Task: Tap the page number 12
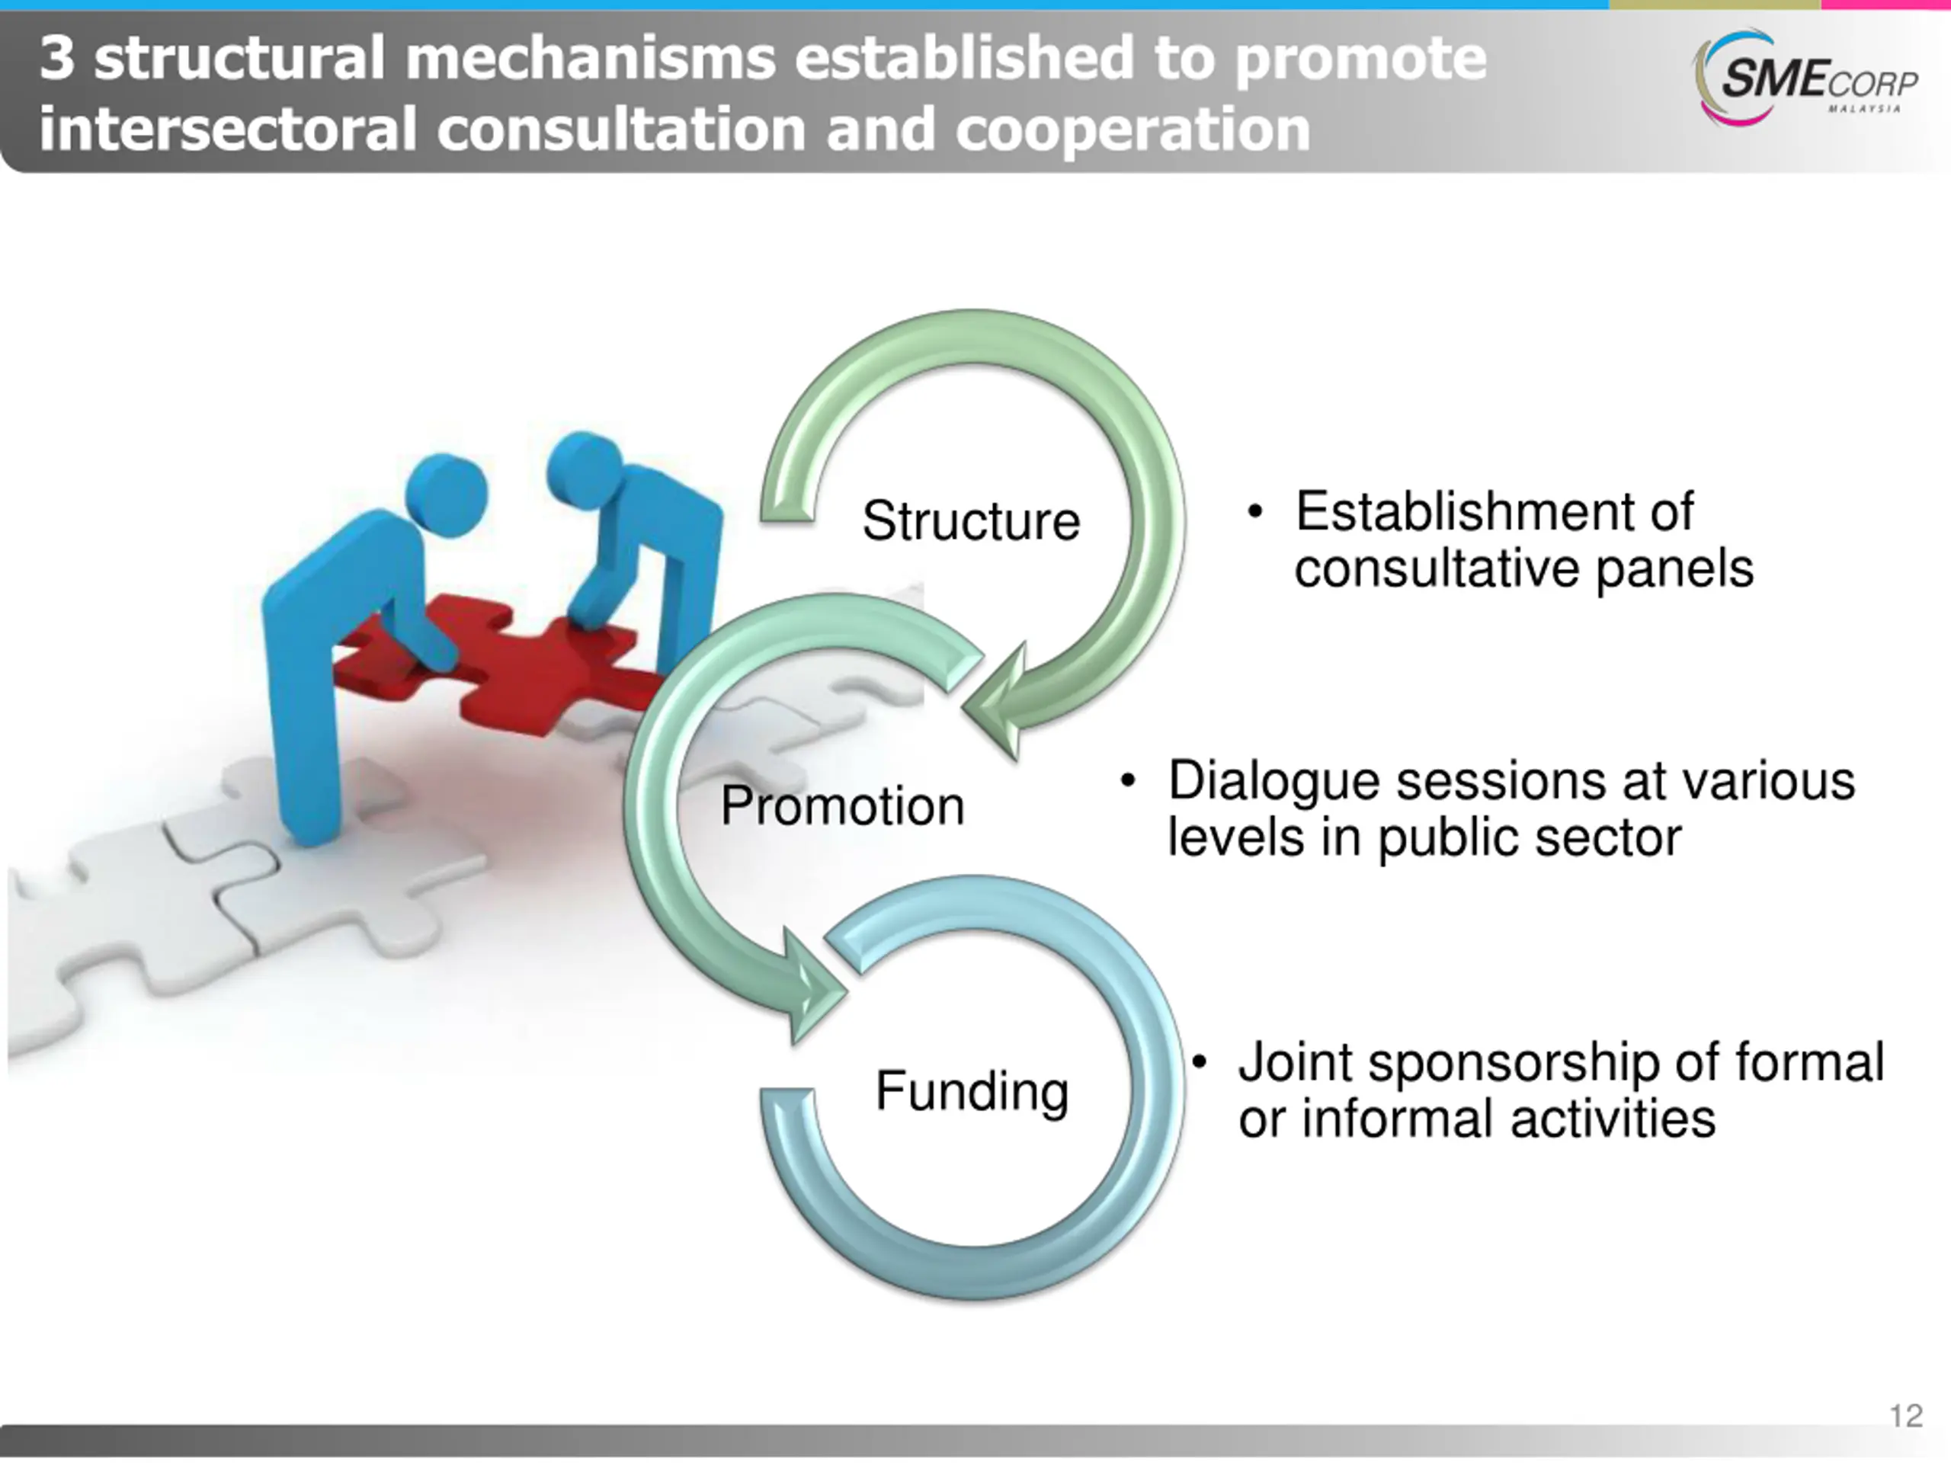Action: click(x=1906, y=1416)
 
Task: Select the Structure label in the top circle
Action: click(x=970, y=520)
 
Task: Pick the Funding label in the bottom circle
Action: click(x=971, y=1091)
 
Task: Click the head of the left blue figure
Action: click(x=447, y=495)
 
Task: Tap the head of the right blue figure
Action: click(x=584, y=469)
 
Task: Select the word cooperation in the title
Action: click(x=1132, y=130)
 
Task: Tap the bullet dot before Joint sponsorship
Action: click(x=1199, y=1063)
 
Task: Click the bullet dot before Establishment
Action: click(x=1255, y=512)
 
